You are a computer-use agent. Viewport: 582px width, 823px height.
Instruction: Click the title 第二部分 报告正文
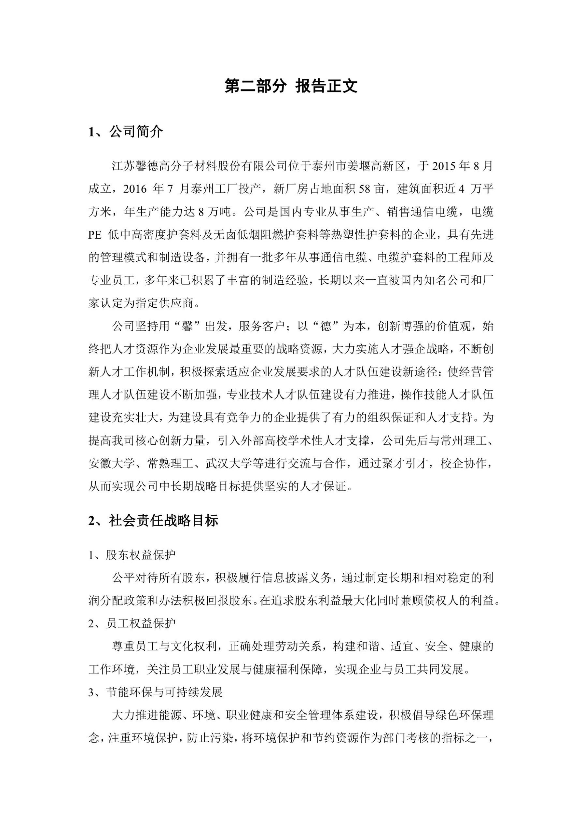point(291,87)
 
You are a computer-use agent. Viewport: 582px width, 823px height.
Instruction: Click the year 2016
point(135,189)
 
